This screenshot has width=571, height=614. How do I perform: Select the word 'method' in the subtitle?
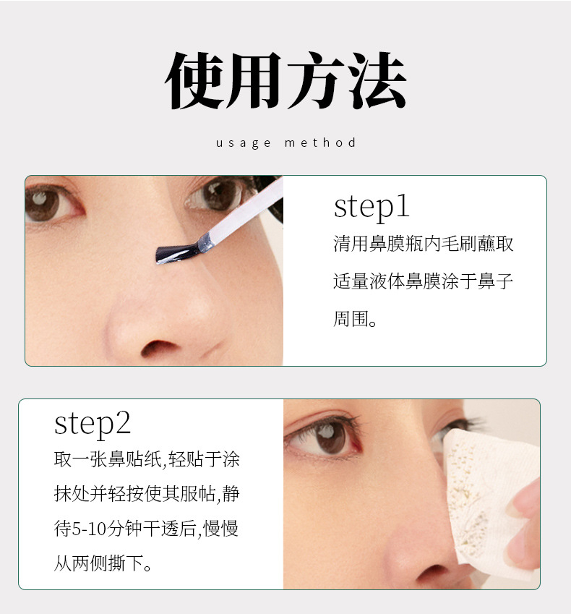320,142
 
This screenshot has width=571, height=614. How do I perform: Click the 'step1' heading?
372,207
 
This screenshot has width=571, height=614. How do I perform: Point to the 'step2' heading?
93,424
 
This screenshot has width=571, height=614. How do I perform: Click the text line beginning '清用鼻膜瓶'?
424,244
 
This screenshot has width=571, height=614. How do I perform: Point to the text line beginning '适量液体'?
424,281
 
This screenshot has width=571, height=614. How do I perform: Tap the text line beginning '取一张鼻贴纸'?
147,459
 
